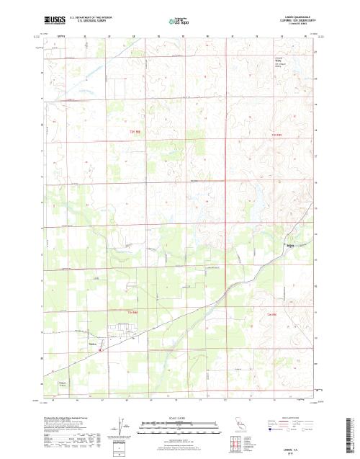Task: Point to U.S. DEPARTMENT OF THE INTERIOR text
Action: pyautogui.click(x=91, y=14)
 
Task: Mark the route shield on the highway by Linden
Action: pyautogui.click(x=102, y=350)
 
